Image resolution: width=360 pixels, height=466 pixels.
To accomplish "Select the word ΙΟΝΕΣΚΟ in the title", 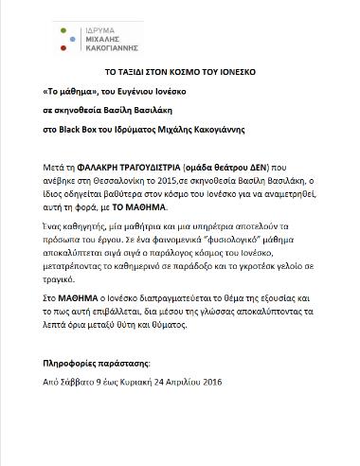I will click(235, 72).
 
